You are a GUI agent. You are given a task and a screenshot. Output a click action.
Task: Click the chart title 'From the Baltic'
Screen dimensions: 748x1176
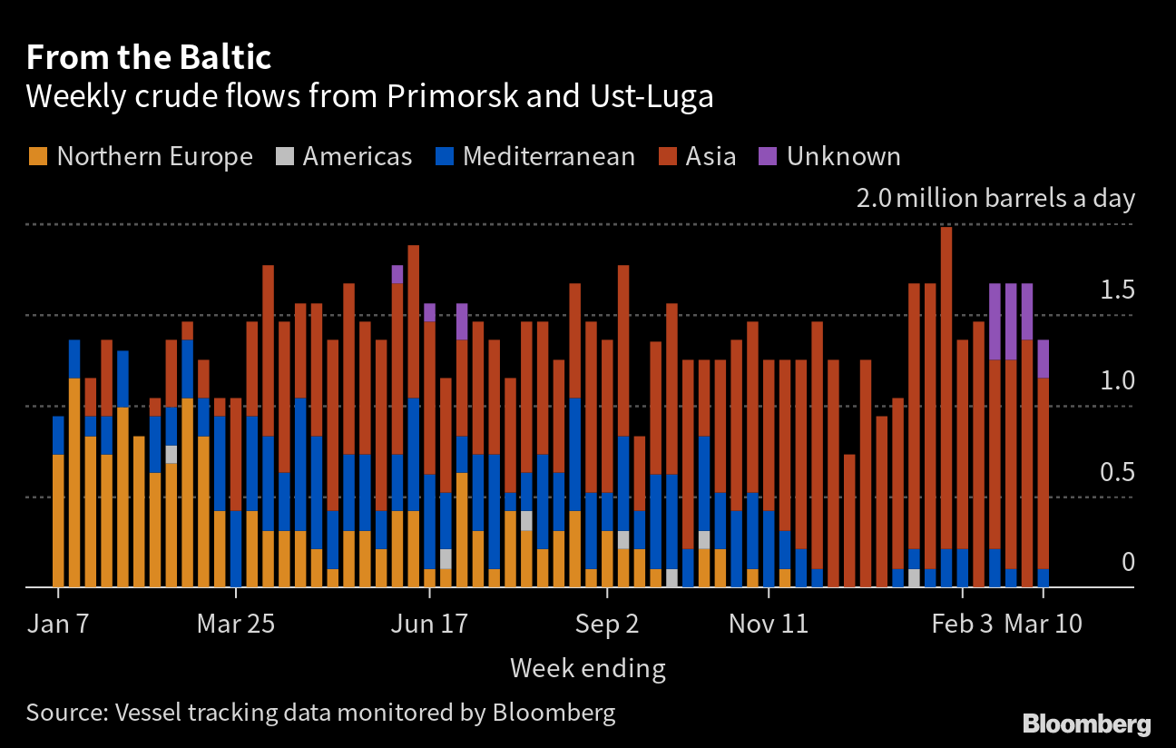pyautogui.click(x=149, y=58)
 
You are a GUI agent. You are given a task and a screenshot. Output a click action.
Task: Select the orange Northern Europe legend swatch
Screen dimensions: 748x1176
pyautogui.click(x=37, y=156)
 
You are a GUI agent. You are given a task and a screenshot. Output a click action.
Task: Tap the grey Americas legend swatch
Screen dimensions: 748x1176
pyautogui.click(x=285, y=156)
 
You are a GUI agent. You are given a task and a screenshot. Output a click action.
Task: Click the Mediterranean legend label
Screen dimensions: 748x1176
pyautogui.click(x=548, y=156)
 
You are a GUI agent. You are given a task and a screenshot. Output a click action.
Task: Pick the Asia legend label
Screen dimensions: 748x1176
pyautogui.click(x=710, y=156)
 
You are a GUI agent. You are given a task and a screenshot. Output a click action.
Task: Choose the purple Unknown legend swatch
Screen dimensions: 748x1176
pyautogui.click(x=768, y=156)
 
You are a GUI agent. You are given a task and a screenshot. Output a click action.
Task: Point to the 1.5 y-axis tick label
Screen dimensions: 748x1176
pyautogui.click(x=1117, y=290)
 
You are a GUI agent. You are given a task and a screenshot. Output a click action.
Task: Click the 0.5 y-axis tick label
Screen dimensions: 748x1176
pyautogui.click(x=1117, y=473)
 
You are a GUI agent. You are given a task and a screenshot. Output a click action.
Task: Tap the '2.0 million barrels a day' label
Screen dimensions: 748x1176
pyautogui.click(x=995, y=198)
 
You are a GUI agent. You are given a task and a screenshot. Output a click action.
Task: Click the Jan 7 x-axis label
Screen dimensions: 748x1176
pyautogui.click(x=58, y=625)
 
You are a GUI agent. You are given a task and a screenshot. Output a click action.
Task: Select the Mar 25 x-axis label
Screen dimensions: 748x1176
pyautogui.click(x=236, y=625)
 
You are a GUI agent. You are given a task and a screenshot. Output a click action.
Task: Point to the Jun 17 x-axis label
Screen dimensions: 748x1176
pyautogui.click(x=429, y=625)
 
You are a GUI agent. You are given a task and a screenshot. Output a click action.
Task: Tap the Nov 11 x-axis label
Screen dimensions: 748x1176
pyautogui.click(x=769, y=625)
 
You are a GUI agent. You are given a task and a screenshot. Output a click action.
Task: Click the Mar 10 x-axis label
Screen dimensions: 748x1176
pyautogui.click(x=1044, y=625)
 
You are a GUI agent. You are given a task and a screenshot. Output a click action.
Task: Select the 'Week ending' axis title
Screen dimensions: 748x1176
pyautogui.click(x=587, y=669)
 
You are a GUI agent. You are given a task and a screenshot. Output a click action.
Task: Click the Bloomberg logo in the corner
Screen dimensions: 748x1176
pyautogui.click(x=1086, y=723)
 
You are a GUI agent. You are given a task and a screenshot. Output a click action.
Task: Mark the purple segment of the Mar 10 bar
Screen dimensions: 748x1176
pyautogui.click(x=1044, y=359)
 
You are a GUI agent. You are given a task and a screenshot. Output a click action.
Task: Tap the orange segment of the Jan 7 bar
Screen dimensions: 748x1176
pyautogui.click(x=59, y=521)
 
